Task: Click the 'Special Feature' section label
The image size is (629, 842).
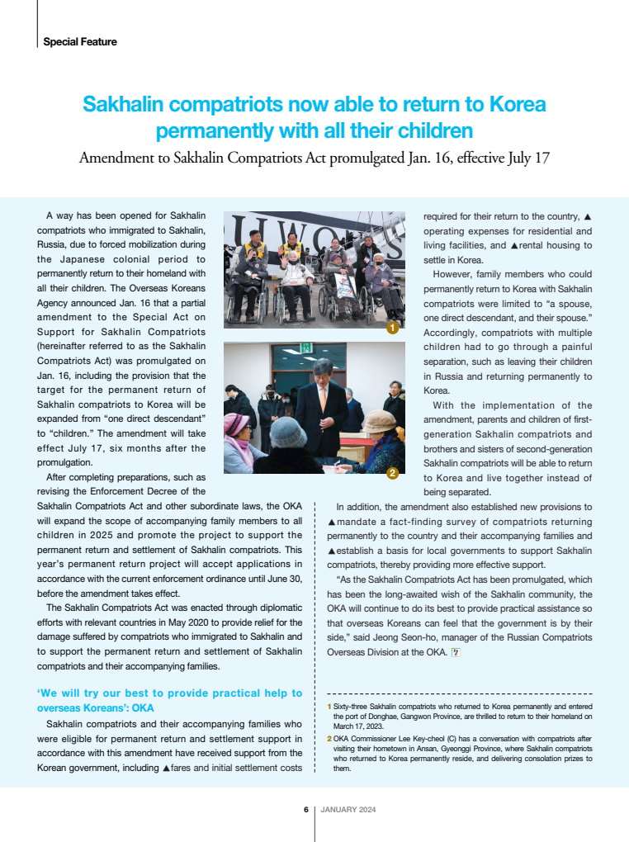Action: pyautogui.click(x=80, y=41)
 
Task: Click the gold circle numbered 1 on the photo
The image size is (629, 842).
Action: pyautogui.click(x=393, y=328)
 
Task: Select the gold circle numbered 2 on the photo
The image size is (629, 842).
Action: pyautogui.click(x=393, y=473)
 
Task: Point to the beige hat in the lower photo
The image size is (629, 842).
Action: pyautogui.click(x=383, y=419)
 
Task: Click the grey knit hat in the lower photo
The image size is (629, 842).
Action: pyautogui.click(x=289, y=431)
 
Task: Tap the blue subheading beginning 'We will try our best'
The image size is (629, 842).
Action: pyautogui.click(x=170, y=700)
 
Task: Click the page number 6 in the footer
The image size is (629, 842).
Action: pyautogui.click(x=305, y=810)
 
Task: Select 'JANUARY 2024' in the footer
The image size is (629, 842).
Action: pyautogui.click(x=348, y=810)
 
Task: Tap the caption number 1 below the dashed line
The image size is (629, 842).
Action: pyautogui.click(x=329, y=707)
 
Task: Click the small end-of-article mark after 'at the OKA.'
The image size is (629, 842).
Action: pyautogui.click(x=455, y=652)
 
